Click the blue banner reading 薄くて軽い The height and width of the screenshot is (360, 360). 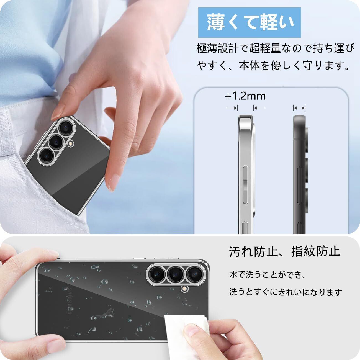click(250, 22)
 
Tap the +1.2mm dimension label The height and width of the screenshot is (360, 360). click(245, 96)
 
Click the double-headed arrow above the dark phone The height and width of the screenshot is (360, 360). click(299, 108)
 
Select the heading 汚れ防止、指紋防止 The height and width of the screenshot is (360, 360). click(284, 251)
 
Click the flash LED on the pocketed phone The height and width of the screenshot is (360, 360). click(71, 143)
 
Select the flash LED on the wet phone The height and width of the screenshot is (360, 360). click(184, 289)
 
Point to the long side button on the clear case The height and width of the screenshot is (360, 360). click(245, 184)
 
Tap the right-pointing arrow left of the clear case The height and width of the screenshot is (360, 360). click(232, 108)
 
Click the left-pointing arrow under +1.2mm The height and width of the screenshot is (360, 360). click(259, 108)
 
